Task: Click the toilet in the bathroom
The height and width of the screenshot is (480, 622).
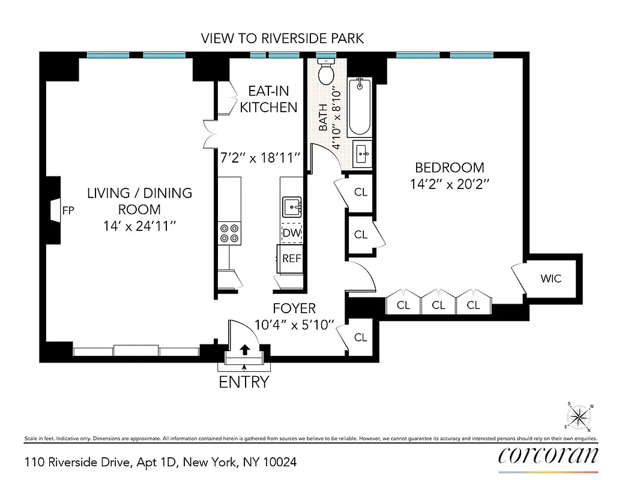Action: [327, 73]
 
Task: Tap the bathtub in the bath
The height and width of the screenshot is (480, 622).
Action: [360, 106]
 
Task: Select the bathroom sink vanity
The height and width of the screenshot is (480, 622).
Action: [362, 154]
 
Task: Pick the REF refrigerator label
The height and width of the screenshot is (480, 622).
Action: [291, 259]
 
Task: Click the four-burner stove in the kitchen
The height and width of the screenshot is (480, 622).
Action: [229, 232]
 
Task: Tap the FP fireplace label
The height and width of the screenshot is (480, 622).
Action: [68, 211]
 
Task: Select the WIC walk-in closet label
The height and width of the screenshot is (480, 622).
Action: [551, 278]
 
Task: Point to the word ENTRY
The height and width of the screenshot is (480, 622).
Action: [244, 382]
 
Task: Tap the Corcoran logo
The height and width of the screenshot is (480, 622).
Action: [548, 455]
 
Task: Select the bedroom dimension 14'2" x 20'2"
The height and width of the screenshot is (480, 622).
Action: [450, 185]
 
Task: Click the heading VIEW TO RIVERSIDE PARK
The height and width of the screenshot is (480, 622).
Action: [282, 39]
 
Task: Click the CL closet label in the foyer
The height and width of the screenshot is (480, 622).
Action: [360, 337]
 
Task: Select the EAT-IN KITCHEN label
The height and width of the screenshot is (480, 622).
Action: [268, 100]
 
